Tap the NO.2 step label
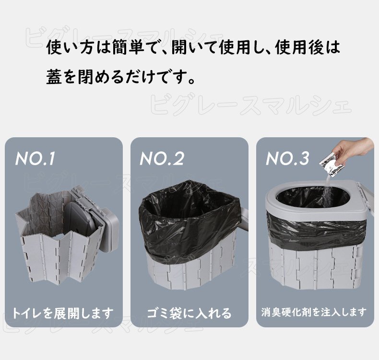(x=162, y=159)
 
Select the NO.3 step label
(x=287, y=159)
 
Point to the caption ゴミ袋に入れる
(x=189, y=313)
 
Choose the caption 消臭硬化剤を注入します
(x=314, y=312)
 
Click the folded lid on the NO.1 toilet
(x=96, y=221)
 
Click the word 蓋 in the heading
(x=54, y=76)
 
